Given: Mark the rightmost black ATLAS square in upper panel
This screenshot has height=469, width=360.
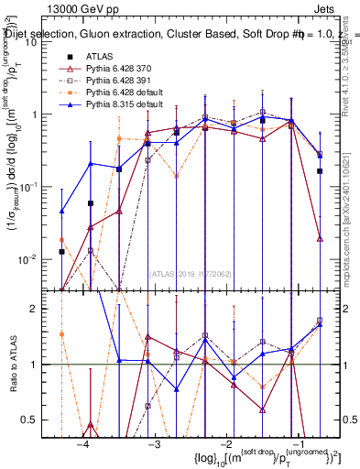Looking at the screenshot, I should (x=320, y=170).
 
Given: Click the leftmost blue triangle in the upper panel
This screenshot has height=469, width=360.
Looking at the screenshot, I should (x=61, y=212).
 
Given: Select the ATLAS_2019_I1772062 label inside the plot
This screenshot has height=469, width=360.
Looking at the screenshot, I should (x=190, y=272).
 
